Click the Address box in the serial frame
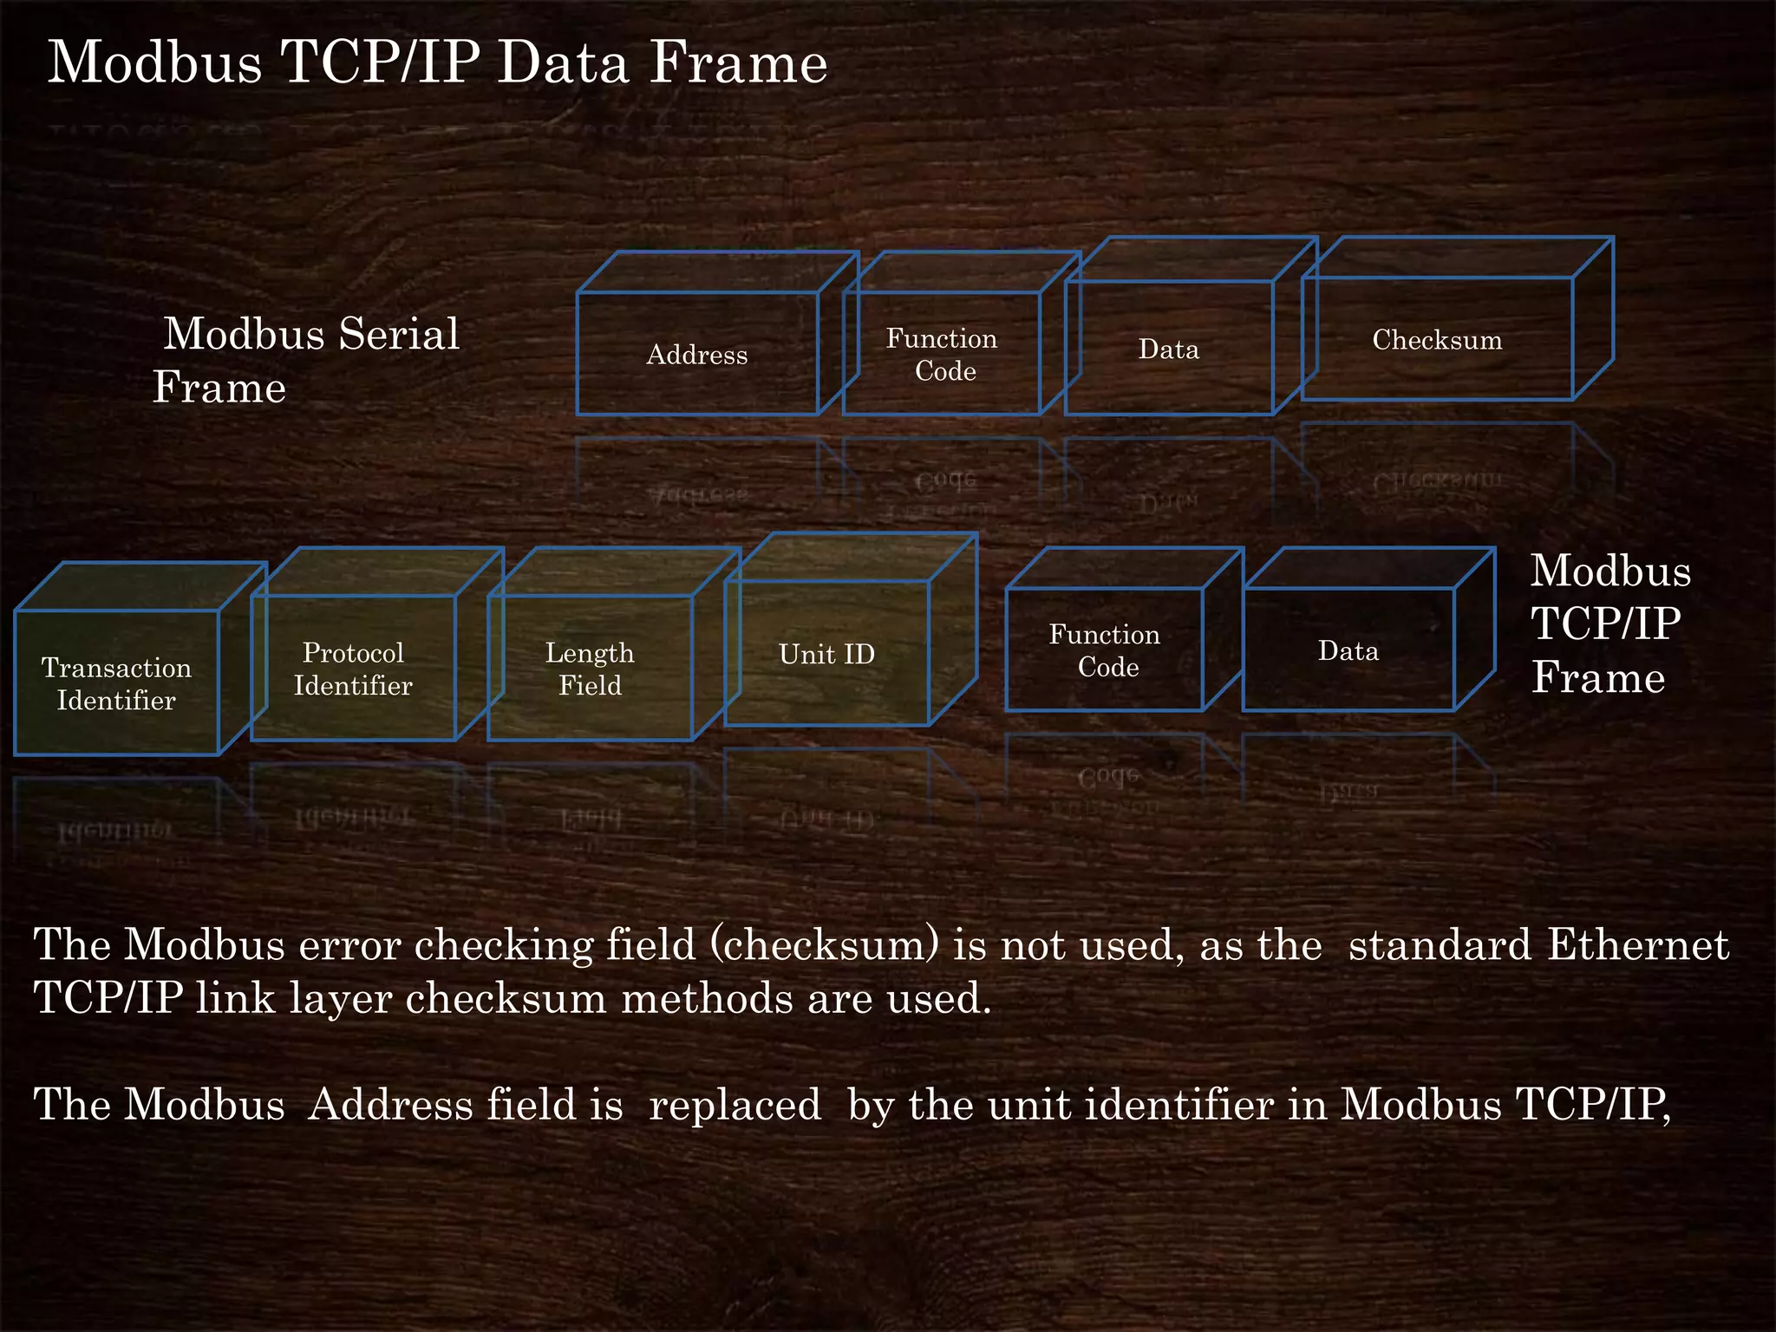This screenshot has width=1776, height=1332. pyautogui.click(x=697, y=354)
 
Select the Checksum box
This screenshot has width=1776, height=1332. pyautogui.click(x=1437, y=339)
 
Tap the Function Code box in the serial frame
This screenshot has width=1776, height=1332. pyautogui.click(x=942, y=354)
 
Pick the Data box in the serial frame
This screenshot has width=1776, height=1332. pyautogui.click(x=1169, y=349)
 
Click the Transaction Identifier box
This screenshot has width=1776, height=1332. pyautogui.click(x=116, y=683)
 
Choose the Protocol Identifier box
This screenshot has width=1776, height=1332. pyautogui.click(x=353, y=669)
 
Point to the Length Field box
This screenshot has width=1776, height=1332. pyautogui.click(x=590, y=669)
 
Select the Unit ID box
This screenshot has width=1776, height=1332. pyautogui.click(x=826, y=654)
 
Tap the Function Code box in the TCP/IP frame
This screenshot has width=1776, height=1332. pyautogui.click(x=1105, y=650)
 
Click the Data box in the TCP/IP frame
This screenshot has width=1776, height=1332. pyautogui.click(x=1348, y=650)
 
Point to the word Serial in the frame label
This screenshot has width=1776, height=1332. pyautogui.click(x=399, y=334)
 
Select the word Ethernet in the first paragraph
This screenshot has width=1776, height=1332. pyautogui.click(x=1638, y=944)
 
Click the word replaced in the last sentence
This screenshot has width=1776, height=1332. pyautogui.click(x=735, y=1105)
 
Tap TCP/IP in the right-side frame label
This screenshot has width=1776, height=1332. pyautogui.click(x=1606, y=624)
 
